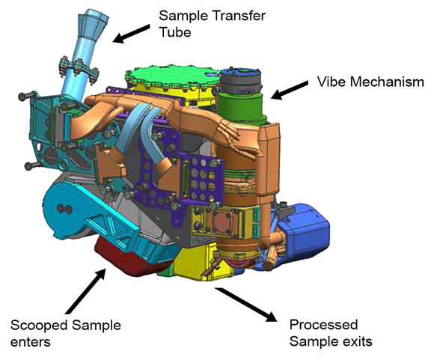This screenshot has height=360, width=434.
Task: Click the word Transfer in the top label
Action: click(x=238, y=16)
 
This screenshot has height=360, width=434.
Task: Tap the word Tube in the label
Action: click(x=175, y=32)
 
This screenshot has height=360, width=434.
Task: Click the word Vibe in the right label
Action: click(x=329, y=82)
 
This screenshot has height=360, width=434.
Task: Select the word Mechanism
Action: click(x=385, y=82)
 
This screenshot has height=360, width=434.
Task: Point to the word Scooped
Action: click(x=39, y=326)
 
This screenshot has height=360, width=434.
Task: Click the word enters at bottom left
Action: click(x=31, y=342)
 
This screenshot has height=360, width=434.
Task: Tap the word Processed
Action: click(x=323, y=325)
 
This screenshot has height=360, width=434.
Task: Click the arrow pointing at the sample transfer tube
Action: click(x=132, y=34)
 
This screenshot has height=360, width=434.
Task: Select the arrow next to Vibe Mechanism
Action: click(x=290, y=91)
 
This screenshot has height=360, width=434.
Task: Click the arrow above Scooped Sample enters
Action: click(x=86, y=290)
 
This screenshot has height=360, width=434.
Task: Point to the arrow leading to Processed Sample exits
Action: click(x=246, y=305)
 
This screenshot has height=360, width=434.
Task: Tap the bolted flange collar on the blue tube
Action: click(x=79, y=70)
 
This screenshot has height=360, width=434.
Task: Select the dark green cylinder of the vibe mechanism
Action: click(x=239, y=108)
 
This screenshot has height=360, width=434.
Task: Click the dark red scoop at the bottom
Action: click(x=130, y=260)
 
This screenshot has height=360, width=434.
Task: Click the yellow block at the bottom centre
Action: click(x=199, y=263)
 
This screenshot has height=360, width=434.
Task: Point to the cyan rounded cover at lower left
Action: click(x=65, y=210)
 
